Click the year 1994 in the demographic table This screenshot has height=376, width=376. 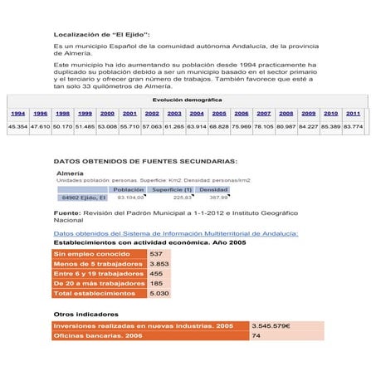[x=17, y=113]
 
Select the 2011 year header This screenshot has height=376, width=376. [x=353, y=113]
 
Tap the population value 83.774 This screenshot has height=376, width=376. [x=353, y=127]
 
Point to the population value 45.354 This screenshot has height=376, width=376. [x=17, y=127]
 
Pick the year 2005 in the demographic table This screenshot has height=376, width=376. [x=219, y=113]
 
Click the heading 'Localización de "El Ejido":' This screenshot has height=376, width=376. [x=101, y=34]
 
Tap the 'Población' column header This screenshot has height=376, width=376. [x=129, y=189]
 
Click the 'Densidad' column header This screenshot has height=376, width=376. [x=213, y=189]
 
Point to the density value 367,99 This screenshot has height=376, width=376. [x=217, y=198]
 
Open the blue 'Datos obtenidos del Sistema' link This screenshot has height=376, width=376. [x=175, y=234]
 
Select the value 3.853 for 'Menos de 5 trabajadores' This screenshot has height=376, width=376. [x=159, y=264]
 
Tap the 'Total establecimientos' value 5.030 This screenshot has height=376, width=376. [x=159, y=294]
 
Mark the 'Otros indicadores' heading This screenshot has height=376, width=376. [x=85, y=315]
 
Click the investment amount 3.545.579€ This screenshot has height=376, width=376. [x=271, y=326]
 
